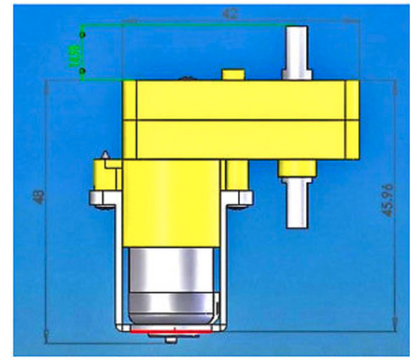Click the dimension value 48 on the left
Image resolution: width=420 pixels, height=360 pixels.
coord(38,199)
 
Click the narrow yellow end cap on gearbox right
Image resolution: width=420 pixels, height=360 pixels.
coord(354,118)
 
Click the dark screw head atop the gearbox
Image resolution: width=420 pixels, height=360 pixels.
coord(191,78)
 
